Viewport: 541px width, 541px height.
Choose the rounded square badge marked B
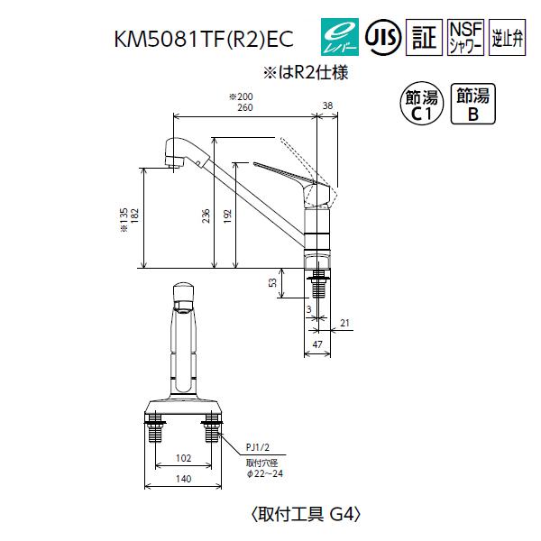click(x=472, y=105)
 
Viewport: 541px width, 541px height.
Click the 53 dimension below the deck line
click(x=272, y=284)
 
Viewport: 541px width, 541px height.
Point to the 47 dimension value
click(x=317, y=345)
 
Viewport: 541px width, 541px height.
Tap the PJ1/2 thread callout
click(x=259, y=445)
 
